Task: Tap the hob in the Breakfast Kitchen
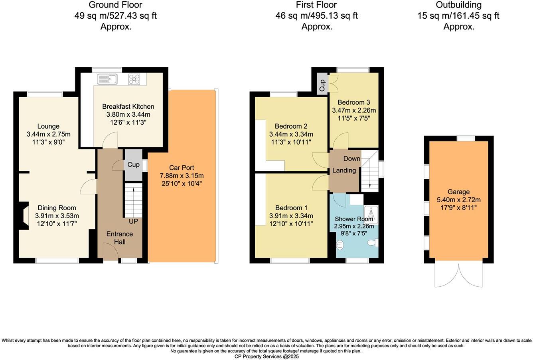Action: pyautogui.click(x=134, y=79)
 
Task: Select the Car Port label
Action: pyautogui.click(x=182, y=168)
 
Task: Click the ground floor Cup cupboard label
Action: pyautogui.click(x=133, y=164)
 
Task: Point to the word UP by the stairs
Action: pyautogui.click(x=133, y=221)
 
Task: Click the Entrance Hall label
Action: pyautogui.click(x=120, y=238)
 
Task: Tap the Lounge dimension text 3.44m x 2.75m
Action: pyautogui.click(x=48, y=134)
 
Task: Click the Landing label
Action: pyautogui.click(x=344, y=170)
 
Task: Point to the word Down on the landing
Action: pyautogui.click(x=351, y=158)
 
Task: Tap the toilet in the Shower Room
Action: pyautogui.click(x=372, y=243)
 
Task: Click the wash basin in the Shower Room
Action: pyautogui.click(x=340, y=244)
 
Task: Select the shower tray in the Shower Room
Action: pyautogui.click(x=370, y=213)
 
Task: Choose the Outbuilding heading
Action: pyautogui.click(x=458, y=5)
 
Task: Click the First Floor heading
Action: pyautogui.click(x=316, y=5)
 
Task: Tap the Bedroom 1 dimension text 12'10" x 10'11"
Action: pyautogui.click(x=291, y=224)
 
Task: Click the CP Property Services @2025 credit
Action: pyautogui.click(x=266, y=356)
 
